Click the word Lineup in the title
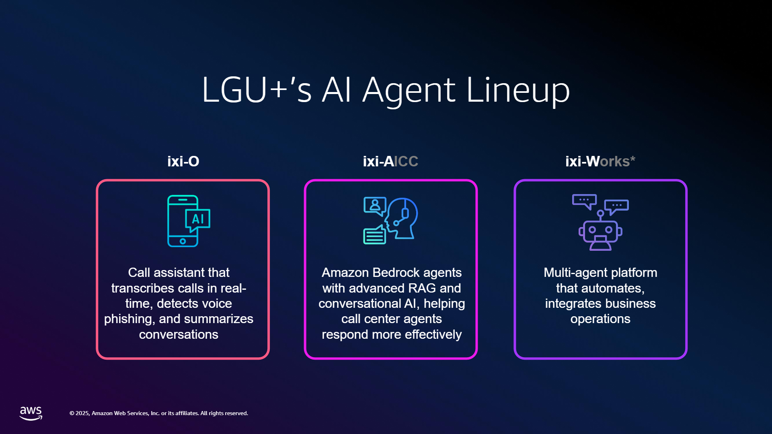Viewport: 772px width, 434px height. [x=518, y=90]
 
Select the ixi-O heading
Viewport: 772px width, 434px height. [x=183, y=161]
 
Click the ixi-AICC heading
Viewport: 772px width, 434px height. [x=390, y=161]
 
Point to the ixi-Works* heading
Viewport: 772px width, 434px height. [x=600, y=161]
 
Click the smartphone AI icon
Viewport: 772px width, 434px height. [x=189, y=221]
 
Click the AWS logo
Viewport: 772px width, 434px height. [x=31, y=413]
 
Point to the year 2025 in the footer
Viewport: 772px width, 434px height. [x=82, y=413]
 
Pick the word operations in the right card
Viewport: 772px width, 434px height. [x=600, y=319]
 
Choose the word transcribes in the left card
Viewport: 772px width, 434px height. [x=143, y=288]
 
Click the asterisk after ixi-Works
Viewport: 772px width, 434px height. [x=633, y=159]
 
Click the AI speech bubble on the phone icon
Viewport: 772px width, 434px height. [x=197, y=220]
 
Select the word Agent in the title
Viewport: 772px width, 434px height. [x=409, y=91]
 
